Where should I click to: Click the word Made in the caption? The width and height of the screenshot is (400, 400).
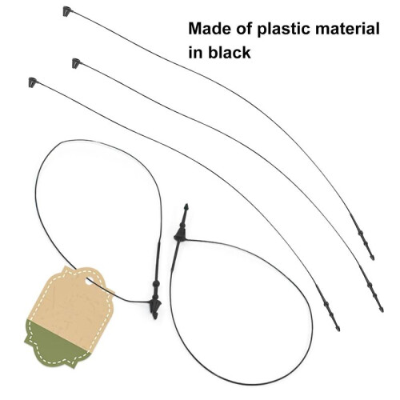[210, 29]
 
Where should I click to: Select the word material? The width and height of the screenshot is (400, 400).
[347, 29]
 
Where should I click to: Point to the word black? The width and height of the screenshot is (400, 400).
[230, 52]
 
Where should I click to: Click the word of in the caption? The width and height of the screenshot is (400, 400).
[244, 29]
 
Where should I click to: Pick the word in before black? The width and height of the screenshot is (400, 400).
[195, 52]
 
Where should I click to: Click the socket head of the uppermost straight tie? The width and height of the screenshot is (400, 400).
[67, 11]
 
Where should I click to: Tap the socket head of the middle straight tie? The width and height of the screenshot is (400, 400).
[77, 63]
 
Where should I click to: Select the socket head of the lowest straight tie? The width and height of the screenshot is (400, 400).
[33, 82]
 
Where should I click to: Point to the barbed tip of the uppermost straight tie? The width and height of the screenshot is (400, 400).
[373, 258]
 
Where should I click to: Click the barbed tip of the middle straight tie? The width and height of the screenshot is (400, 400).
[382, 309]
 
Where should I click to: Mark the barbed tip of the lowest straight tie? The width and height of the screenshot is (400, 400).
[338, 327]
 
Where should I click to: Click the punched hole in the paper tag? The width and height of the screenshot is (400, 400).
[89, 280]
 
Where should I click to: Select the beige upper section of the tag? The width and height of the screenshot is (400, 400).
[74, 302]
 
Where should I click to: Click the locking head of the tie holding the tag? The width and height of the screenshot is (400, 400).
[155, 305]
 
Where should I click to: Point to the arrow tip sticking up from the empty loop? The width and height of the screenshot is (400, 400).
[186, 206]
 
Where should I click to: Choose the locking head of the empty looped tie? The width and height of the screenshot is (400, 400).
[180, 235]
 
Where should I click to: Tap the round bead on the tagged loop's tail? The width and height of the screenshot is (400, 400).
[157, 283]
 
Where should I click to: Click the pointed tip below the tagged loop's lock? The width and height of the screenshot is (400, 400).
[155, 316]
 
